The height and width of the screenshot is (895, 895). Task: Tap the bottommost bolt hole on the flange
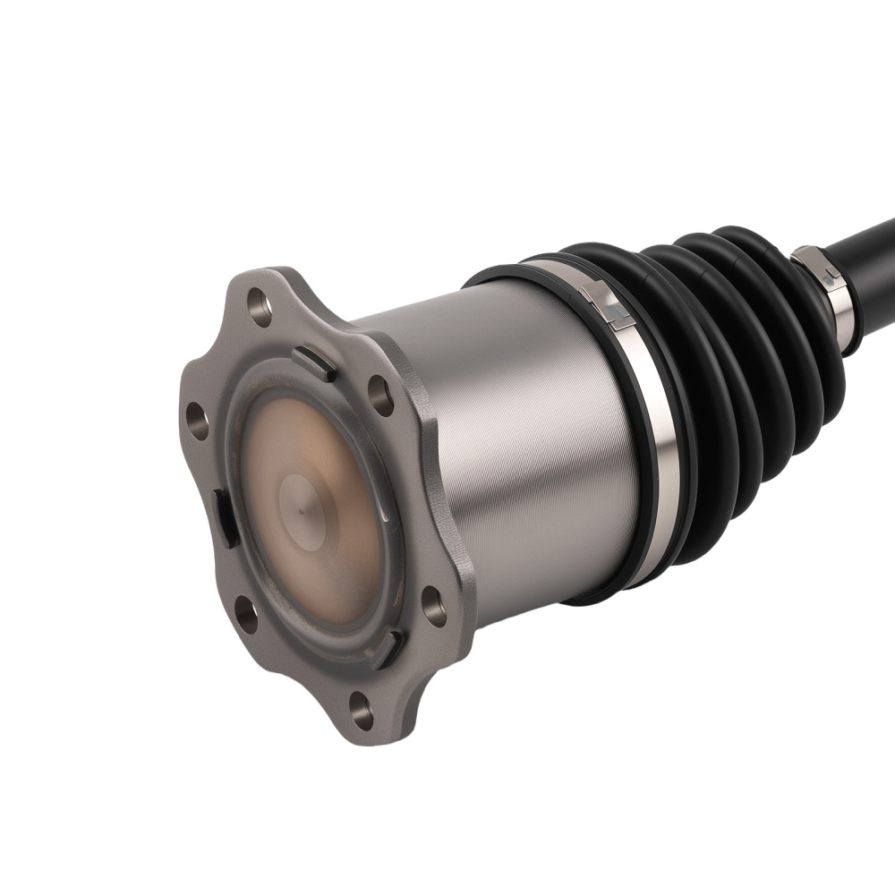[362, 711]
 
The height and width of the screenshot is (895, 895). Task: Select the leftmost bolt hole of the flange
[197, 421]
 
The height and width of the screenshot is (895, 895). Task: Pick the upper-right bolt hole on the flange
[381, 395]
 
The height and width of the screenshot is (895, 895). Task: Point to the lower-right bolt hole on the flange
[433, 608]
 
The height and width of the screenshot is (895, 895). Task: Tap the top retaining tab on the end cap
[314, 362]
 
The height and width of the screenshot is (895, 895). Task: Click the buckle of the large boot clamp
[608, 303]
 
